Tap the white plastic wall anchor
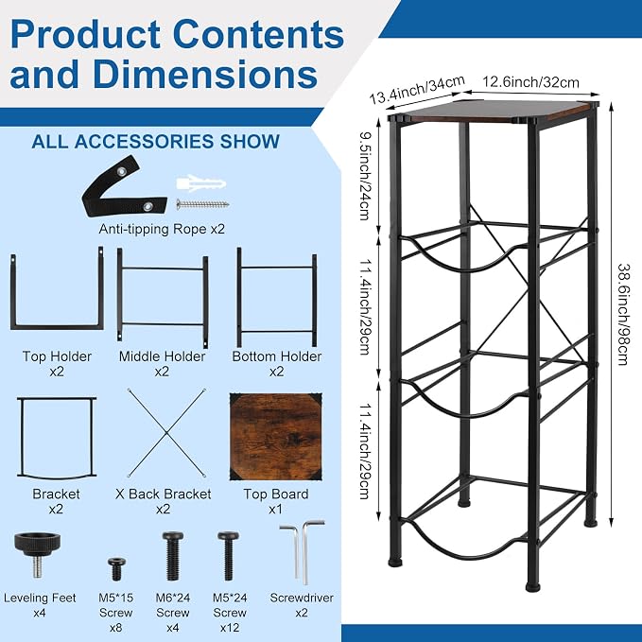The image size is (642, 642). click(x=200, y=183)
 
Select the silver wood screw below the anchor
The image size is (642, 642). click(x=202, y=204)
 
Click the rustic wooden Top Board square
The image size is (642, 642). click(x=276, y=437)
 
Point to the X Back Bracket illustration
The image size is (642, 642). click(x=166, y=433)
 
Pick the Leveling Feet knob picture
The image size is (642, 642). click(x=37, y=553)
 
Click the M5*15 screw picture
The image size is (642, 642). click(x=116, y=568)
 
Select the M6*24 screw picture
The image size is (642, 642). click(x=173, y=555)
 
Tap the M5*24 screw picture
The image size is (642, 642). click(x=229, y=556)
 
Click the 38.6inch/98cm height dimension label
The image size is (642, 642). click(x=623, y=314)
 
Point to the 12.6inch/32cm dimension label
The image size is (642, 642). click(x=530, y=82)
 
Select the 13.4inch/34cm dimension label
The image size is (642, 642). click(x=417, y=90)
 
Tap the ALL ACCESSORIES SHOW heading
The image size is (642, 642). click(x=156, y=142)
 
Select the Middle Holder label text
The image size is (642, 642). click(x=162, y=356)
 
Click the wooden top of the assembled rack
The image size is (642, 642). click(x=492, y=111)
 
